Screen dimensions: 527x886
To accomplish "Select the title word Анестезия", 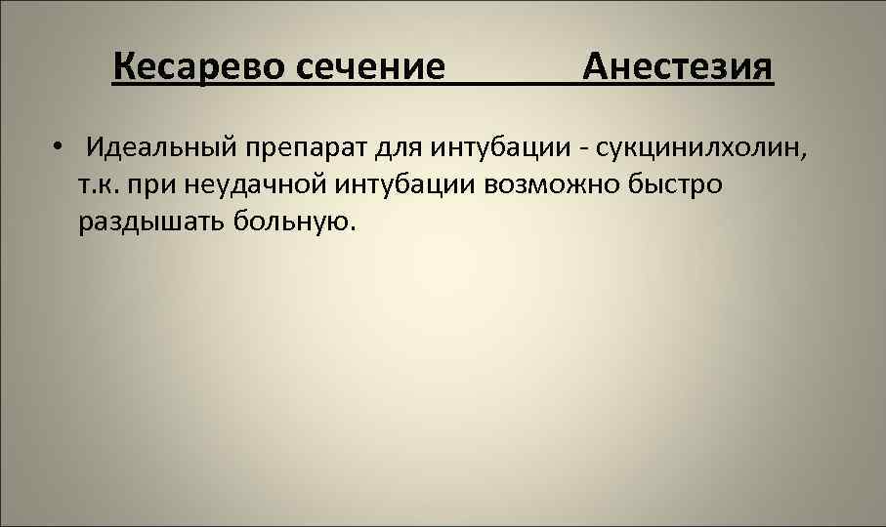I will [677, 68].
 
